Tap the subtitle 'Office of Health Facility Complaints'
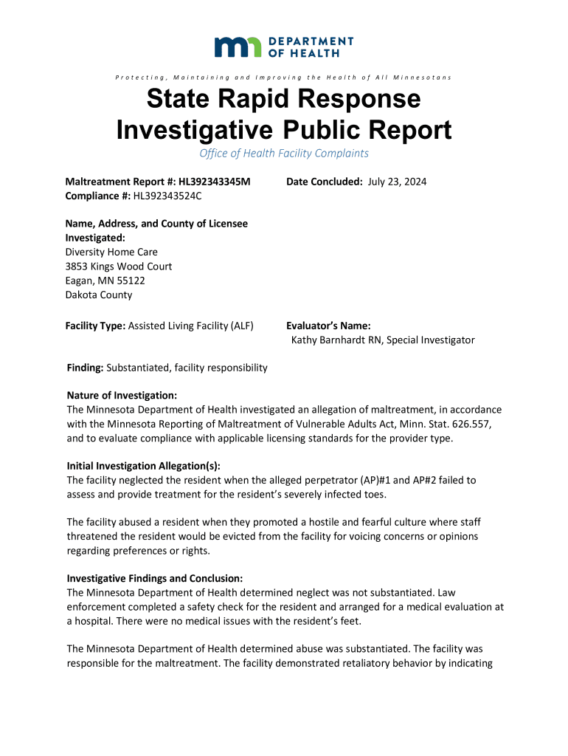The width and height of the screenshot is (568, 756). [284, 154]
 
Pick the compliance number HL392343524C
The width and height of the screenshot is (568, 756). [167, 196]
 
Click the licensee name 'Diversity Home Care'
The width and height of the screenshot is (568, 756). [111, 252]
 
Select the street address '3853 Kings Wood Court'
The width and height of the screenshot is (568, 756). [119, 266]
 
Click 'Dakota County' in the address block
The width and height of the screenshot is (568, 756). [100, 295]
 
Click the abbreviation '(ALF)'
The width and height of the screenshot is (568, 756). [242, 326]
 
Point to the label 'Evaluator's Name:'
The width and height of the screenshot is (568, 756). [328, 326]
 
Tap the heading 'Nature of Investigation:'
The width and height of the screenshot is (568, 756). [122, 396]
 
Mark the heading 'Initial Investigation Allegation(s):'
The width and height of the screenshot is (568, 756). [143, 466]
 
